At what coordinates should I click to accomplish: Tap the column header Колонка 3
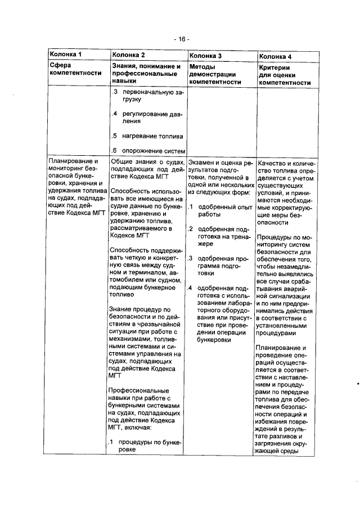pyautogui.click(x=205, y=56)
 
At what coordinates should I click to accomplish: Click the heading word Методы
pyautogui.click(x=204, y=67)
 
